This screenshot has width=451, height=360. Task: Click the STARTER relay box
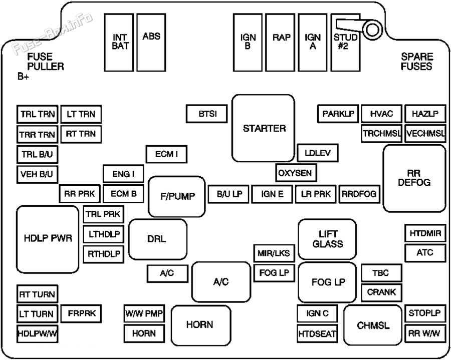(264, 128)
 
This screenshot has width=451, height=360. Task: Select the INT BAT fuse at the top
(120, 42)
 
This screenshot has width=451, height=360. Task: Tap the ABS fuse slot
(151, 42)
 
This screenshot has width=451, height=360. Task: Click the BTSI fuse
(207, 114)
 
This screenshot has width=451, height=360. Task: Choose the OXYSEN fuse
(296, 173)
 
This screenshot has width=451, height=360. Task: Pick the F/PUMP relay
(177, 196)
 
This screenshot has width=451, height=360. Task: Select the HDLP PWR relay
(48, 238)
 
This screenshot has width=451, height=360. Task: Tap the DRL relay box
(157, 239)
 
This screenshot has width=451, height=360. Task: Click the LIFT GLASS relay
(327, 239)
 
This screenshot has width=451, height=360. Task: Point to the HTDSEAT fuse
(317, 333)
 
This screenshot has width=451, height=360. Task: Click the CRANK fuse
(381, 292)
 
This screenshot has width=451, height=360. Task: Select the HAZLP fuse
(425, 114)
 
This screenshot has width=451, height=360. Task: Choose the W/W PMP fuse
(144, 314)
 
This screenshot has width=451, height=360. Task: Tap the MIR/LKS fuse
(274, 253)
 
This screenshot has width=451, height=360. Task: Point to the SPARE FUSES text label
(416, 62)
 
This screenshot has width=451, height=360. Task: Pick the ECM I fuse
(166, 154)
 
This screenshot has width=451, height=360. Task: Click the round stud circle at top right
(373, 30)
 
